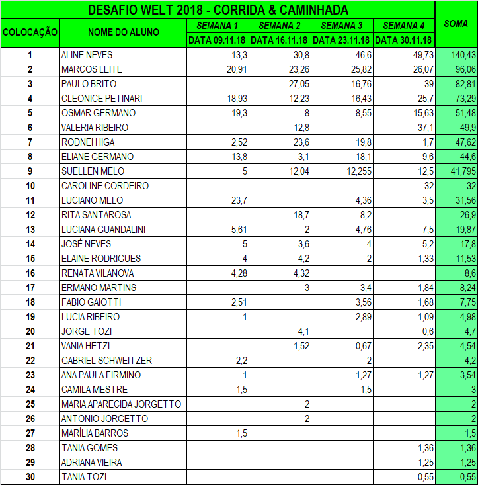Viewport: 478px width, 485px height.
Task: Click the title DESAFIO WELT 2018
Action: pos(218,10)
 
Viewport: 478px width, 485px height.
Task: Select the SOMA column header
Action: pos(456,24)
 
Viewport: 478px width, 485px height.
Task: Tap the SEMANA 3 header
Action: pos(342,26)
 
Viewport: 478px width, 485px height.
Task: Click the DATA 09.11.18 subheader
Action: pos(218,40)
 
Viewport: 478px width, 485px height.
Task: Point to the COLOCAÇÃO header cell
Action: pos(30,32)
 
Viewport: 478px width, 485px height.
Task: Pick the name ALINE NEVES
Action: pos(87,55)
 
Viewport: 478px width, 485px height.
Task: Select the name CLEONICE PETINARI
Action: pos(102,99)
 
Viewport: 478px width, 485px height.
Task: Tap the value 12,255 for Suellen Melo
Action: pos(356,171)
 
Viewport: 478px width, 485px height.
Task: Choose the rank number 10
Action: pos(30,186)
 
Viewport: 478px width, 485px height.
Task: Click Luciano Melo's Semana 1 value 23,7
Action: pos(237,200)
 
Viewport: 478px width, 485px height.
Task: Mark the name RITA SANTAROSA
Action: pos(96,215)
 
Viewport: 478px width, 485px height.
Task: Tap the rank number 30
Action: pos(30,477)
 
